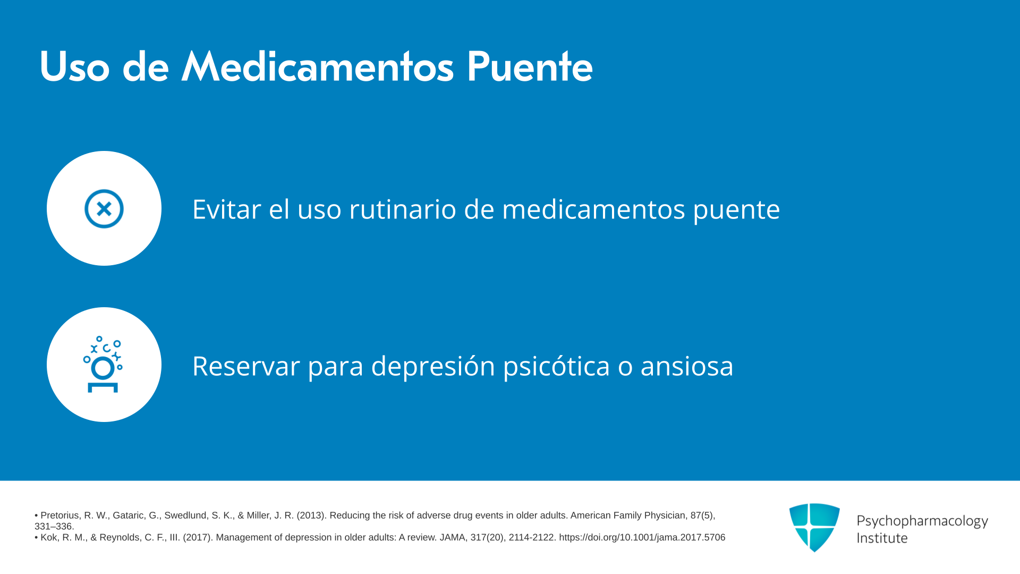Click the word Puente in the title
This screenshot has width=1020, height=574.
pos(530,67)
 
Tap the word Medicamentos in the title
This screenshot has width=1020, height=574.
pos(318,67)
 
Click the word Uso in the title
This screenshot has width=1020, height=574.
pos(74,67)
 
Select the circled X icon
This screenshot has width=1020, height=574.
pos(104,208)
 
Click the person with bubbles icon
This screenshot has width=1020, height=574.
pos(103,365)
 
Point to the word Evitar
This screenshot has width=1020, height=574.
pos(227,209)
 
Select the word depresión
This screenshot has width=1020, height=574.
pos(433,366)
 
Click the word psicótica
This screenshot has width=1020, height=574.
pos(556,366)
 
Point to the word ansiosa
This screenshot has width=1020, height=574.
pos(687,366)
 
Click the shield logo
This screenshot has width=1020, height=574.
pos(814,527)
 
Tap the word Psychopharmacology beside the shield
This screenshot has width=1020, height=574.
pos(922,521)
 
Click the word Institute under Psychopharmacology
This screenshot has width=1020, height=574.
pos(882,538)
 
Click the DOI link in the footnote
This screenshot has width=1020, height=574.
pos(642,537)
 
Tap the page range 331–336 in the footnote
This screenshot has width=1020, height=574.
pos(54,527)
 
